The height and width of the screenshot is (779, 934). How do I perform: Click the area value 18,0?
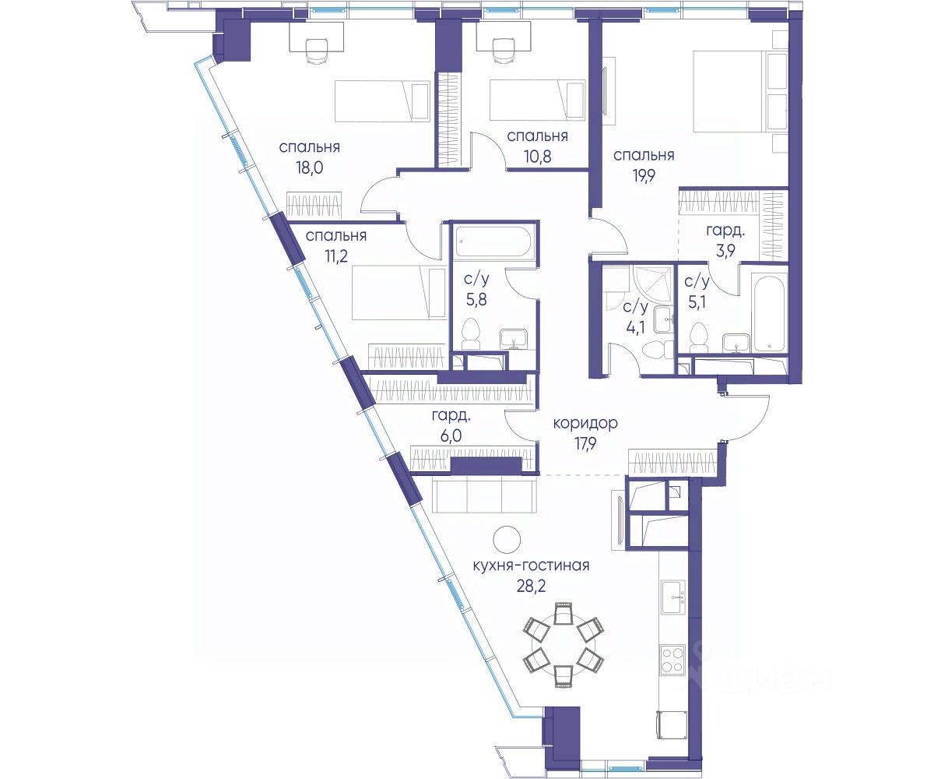(309, 168)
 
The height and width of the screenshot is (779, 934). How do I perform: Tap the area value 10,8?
(537, 157)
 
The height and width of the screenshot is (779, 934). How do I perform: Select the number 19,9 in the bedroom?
(644, 176)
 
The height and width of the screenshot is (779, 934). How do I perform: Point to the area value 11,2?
(336, 256)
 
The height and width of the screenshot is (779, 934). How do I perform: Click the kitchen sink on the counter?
(673, 597)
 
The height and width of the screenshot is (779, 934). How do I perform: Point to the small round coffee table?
(507, 540)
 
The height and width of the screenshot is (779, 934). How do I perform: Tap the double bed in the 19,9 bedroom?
(739, 91)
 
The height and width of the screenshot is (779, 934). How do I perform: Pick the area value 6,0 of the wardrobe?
(451, 435)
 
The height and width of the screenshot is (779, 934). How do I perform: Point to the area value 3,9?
(725, 251)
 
